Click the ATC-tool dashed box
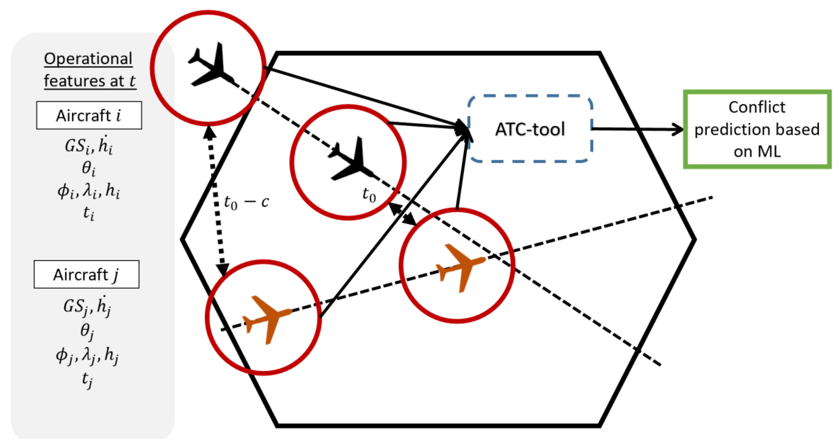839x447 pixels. pyautogui.click(x=530, y=129)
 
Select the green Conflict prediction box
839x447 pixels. pyautogui.click(x=757, y=129)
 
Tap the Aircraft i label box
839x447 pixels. pyautogui.click(x=89, y=115)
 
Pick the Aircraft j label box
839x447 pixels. pyautogui.click(x=86, y=274)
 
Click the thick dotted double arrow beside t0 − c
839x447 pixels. pyautogui.click(x=216, y=202)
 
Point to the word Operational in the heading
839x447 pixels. pyautogui.click(x=88, y=59)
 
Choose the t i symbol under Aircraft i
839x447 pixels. pyautogui.click(x=88, y=213)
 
